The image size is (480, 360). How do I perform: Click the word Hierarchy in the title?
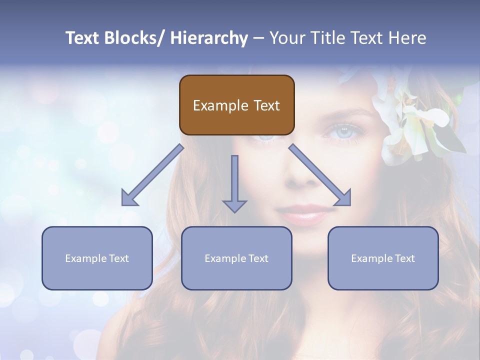pyautogui.click(x=209, y=38)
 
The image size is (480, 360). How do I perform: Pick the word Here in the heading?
pyautogui.click(x=409, y=38)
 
